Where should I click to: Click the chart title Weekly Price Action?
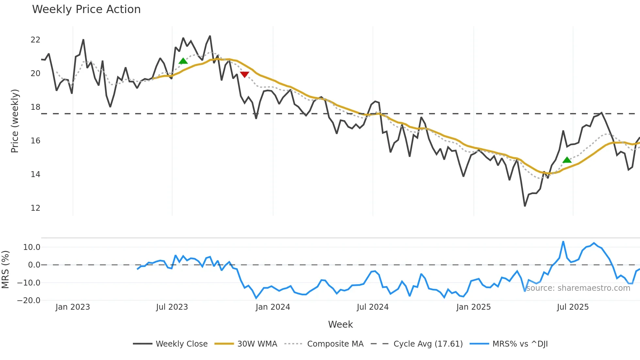pyautogui.click(x=86, y=9)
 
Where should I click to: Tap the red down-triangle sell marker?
pyautogui.click(x=244, y=74)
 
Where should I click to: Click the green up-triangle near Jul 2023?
pyautogui.click(x=183, y=61)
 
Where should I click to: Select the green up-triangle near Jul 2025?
pyautogui.click(x=567, y=160)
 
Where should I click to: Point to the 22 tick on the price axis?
pyautogui.click(x=35, y=40)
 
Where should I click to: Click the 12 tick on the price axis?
pyautogui.click(x=35, y=208)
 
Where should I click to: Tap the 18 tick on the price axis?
pyautogui.click(x=35, y=107)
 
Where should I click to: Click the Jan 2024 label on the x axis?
pyautogui.click(x=273, y=307)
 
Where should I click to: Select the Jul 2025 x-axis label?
pyautogui.click(x=573, y=307)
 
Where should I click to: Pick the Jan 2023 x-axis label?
pyautogui.click(x=72, y=307)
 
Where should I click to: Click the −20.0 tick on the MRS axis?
pyautogui.click(x=29, y=301)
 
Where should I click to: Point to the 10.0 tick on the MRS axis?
pyautogui.click(x=32, y=247)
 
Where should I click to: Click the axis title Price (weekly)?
pyautogui.click(x=15, y=121)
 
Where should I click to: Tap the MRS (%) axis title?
pyautogui.click(x=5, y=270)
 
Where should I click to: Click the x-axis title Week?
pyautogui.click(x=340, y=324)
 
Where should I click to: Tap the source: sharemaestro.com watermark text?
pyautogui.click(x=578, y=288)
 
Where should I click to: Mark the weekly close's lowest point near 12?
pyautogui.click(x=525, y=206)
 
